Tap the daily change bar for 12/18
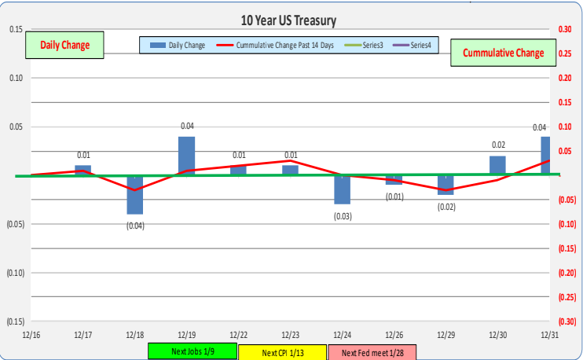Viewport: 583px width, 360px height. point(135,194)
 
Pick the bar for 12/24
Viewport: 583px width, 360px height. point(342,189)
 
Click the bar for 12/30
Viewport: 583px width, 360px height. point(497,165)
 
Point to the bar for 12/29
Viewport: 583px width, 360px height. point(445,185)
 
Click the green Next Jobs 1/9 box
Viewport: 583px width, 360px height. point(192,351)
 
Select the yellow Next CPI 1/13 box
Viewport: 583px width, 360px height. point(281,351)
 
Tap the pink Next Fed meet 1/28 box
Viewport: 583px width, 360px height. point(372,351)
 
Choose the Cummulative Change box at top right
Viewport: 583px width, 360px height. point(503,53)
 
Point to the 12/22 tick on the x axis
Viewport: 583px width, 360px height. point(239,334)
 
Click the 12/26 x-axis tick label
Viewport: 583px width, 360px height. point(394,334)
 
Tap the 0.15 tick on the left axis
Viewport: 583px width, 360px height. point(16,30)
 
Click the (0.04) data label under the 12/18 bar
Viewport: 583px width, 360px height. point(135,226)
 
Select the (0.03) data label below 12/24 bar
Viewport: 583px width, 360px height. point(342,215)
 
